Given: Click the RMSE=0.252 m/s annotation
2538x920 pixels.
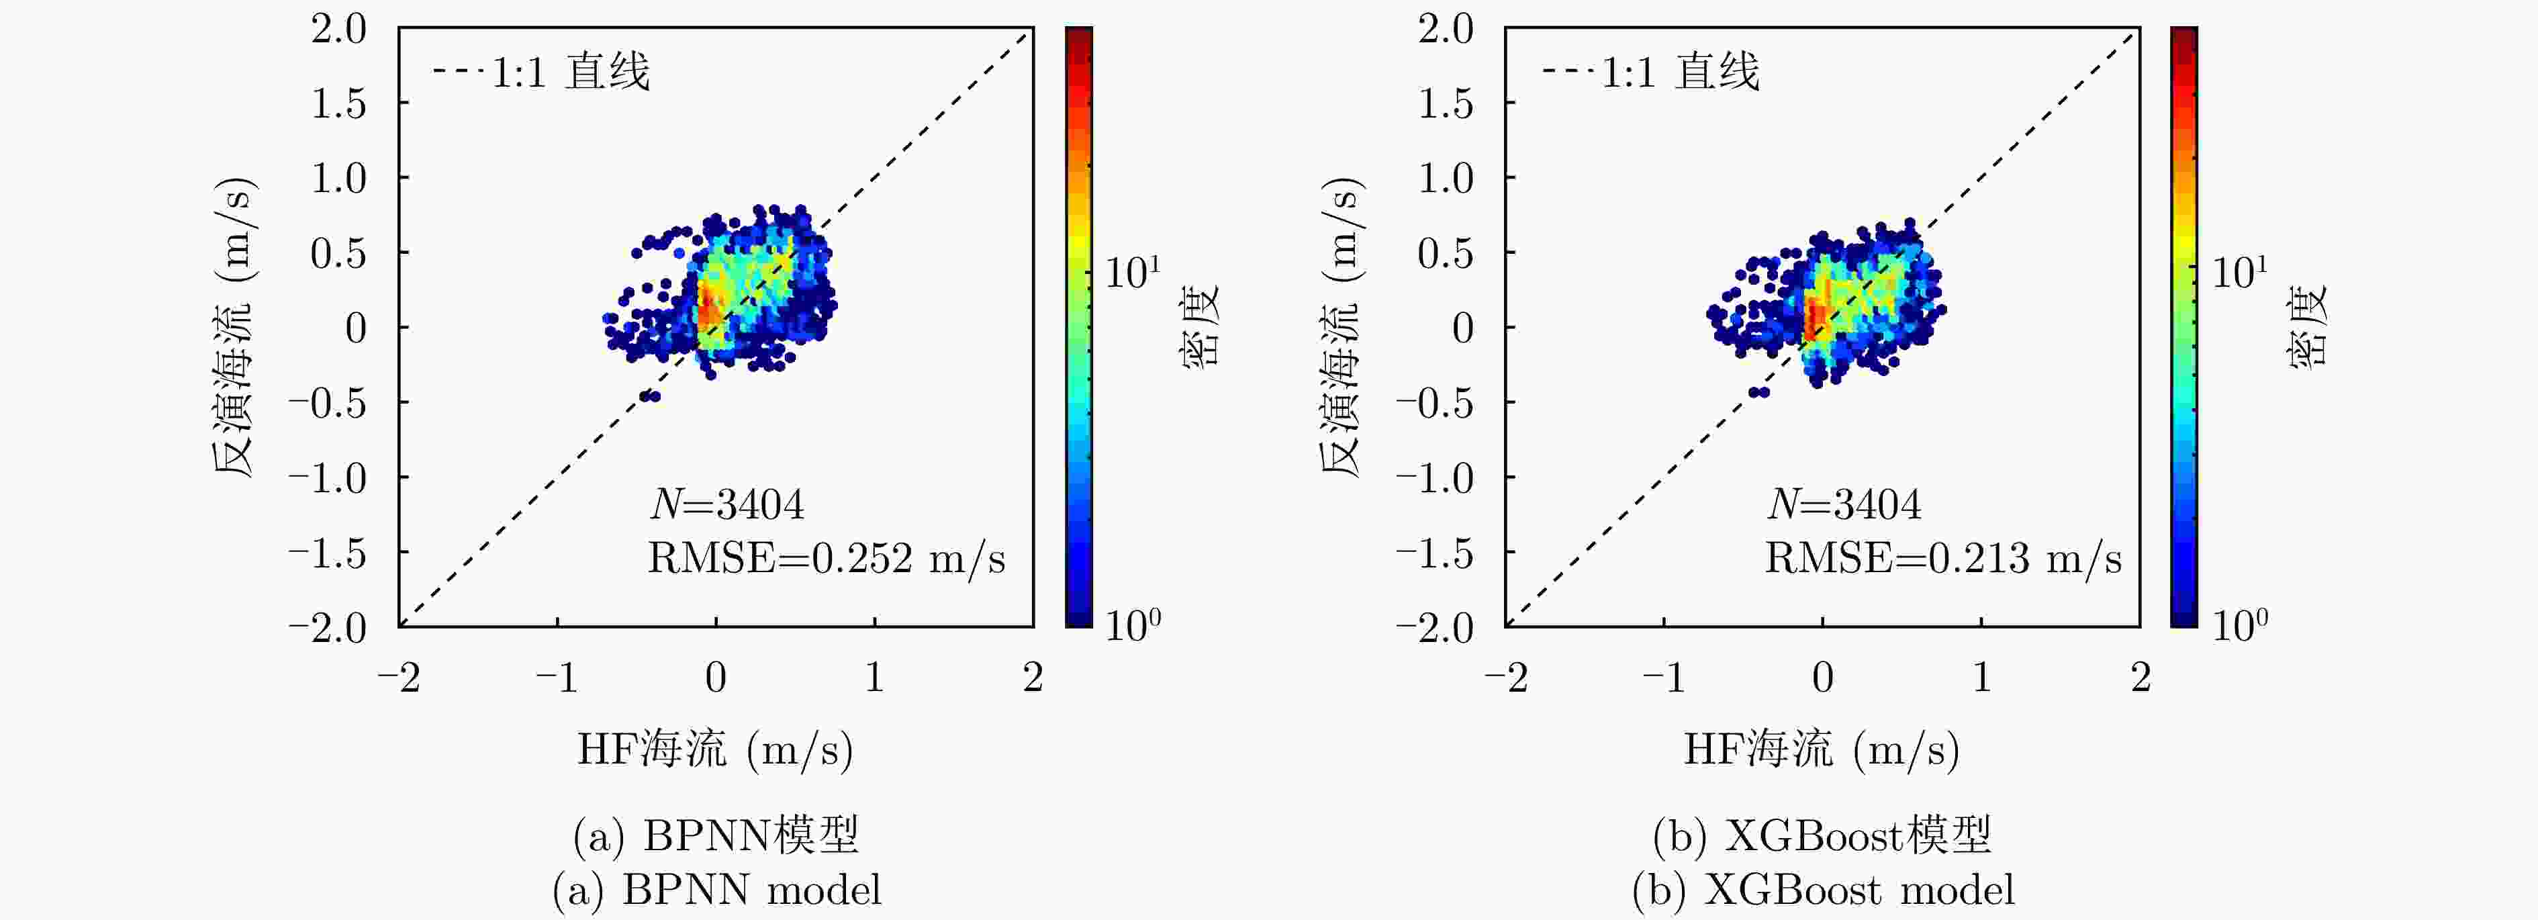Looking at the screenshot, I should click(x=826, y=559).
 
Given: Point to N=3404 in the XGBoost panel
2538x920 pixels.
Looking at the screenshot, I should click(x=1843, y=504).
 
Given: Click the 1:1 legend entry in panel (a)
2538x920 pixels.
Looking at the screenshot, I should click(x=541, y=72).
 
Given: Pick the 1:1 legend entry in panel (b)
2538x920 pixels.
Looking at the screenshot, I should click(x=1650, y=72).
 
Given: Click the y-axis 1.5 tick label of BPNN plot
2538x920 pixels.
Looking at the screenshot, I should click(x=338, y=103).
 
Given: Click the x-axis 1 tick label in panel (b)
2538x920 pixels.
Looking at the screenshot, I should click(x=1981, y=678).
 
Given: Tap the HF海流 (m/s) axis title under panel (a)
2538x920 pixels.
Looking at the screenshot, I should click(x=715, y=749).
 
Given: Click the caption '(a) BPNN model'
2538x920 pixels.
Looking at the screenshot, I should click(x=716, y=890).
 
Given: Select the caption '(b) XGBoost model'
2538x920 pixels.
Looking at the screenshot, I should click(x=1823, y=890).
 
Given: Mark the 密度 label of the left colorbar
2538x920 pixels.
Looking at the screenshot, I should click(x=1200, y=325).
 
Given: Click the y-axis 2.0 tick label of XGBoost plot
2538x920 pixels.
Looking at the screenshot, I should click(x=1446, y=29).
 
